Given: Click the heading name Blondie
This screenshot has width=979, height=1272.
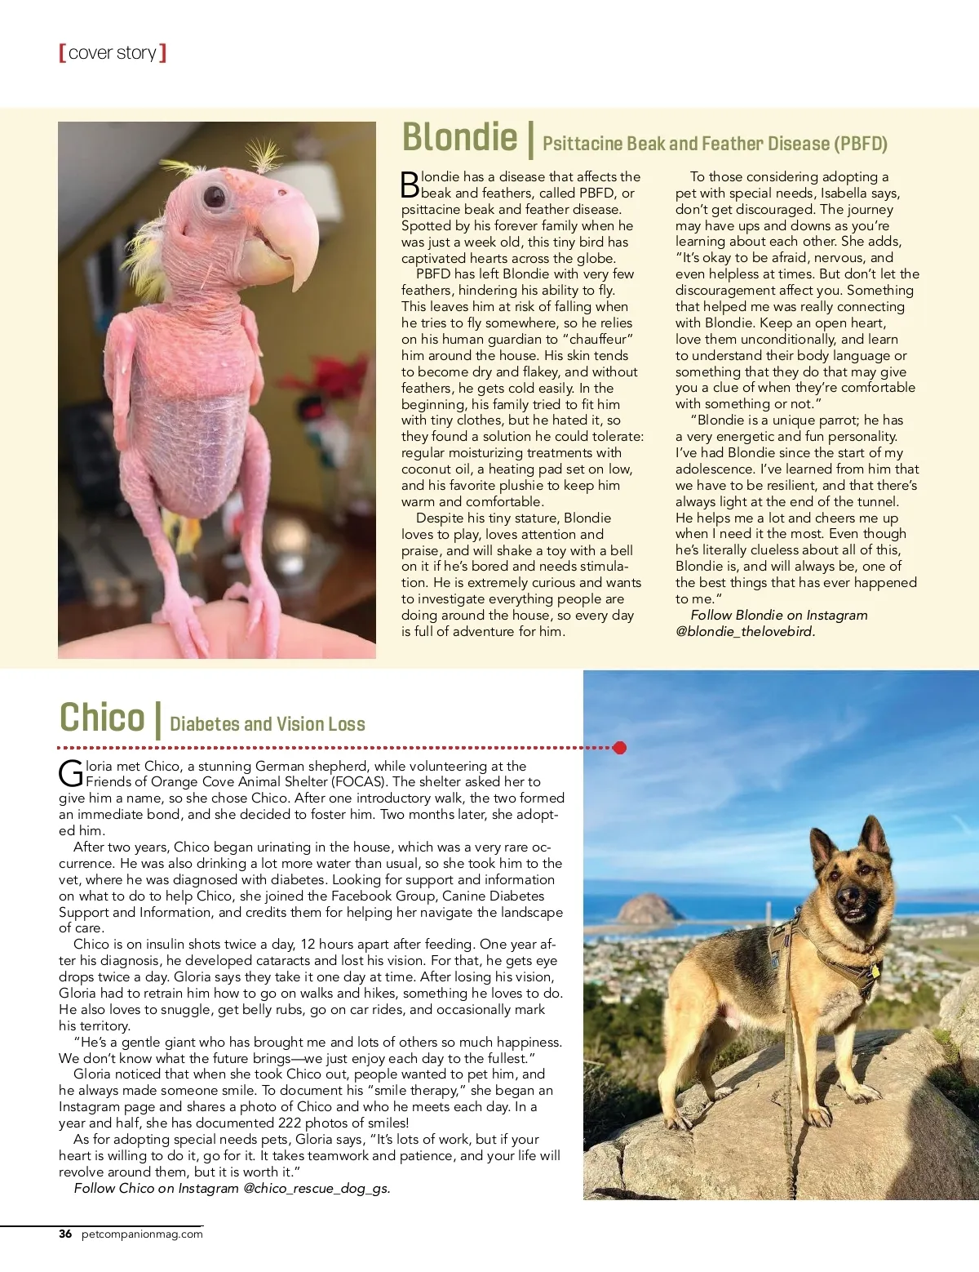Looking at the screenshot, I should pos(459,137).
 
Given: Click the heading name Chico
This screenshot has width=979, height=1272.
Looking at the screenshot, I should pos(102,718).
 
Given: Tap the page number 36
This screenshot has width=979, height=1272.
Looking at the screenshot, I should pos(65,1234).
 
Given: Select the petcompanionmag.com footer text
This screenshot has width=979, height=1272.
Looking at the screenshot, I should pos(142,1234).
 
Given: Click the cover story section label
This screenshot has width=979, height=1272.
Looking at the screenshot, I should pos(113,53).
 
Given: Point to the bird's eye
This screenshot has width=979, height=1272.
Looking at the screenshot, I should pos(215,196).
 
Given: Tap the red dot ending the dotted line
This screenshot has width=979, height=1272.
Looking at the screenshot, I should pos(620,747).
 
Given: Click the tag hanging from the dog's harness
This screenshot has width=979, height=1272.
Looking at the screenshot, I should pos(875,972).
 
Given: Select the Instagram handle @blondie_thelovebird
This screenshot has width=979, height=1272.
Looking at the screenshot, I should pos(746,631).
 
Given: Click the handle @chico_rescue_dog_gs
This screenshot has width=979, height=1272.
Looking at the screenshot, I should pos(317,1188).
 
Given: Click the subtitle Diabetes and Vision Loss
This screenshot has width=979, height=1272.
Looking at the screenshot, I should pos(268,724).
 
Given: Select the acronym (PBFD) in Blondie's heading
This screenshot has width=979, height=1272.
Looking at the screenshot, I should pos(860,145).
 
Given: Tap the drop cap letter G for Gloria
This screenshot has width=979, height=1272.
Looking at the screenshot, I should pos(71,772).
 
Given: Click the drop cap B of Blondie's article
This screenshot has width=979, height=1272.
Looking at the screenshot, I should pos(410,185).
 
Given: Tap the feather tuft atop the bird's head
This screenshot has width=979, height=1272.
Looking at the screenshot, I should pos(264,155).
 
